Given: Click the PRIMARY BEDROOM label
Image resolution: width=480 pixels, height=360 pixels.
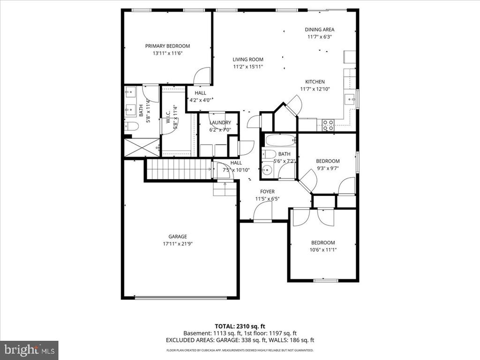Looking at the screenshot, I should point(167,46).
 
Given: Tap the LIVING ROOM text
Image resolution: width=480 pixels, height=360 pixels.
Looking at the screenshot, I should point(248,60).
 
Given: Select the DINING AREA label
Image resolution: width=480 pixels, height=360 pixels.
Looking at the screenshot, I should point(319,30).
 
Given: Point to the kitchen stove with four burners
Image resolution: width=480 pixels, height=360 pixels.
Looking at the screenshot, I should point(327,125).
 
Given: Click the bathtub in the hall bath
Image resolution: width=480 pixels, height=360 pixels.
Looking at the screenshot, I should point(280,140).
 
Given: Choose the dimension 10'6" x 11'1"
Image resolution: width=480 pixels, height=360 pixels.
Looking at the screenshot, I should point(323,250).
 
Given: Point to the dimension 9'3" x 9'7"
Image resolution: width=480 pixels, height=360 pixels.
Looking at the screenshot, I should point(328,168).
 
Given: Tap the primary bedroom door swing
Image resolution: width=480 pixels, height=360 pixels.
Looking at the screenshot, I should point(202,76).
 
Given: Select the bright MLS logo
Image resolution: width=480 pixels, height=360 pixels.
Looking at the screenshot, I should point(29,350).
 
